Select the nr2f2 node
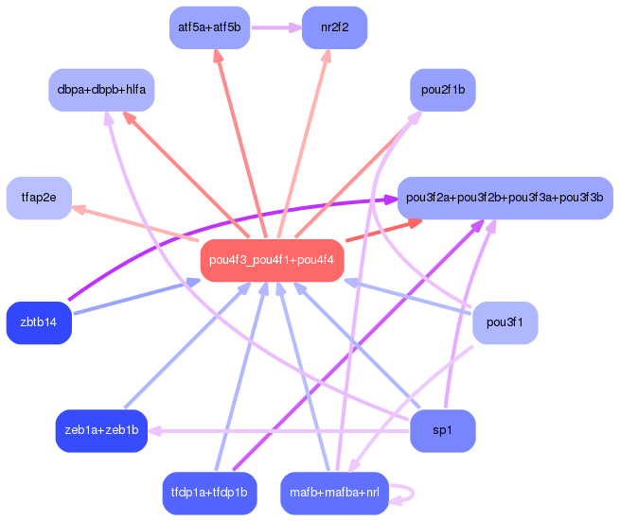tap(334, 27)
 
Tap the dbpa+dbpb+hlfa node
tap(101, 90)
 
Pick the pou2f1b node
tap(443, 90)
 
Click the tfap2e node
tap(39, 198)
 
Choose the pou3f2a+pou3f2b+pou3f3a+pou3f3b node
tap(505, 198)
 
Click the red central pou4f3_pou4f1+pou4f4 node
tap(272, 260)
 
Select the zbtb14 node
tap(39, 322)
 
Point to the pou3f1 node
tap(505, 322)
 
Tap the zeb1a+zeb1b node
tap(101, 430)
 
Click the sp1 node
tap(442, 430)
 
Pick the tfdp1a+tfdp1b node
tap(209, 493)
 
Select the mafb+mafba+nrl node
tap(334, 493)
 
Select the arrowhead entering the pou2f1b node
tap(416, 115)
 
